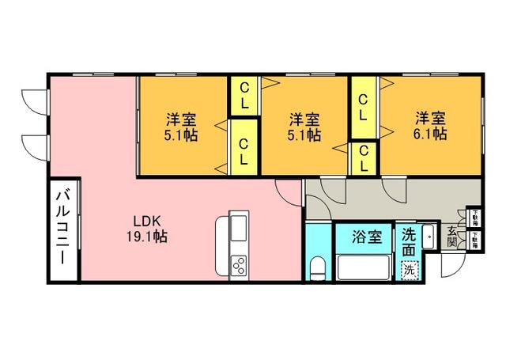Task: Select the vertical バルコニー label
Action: pyautogui.click(x=63, y=231)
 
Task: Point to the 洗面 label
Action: pyautogui.click(x=408, y=242)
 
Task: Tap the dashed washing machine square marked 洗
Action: pyautogui.click(x=408, y=269)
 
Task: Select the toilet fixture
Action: pyautogui.click(x=319, y=268)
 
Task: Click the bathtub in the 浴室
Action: pyautogui.click(x=363, y=266)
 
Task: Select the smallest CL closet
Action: pyautogui.click(x=362, y=158)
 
